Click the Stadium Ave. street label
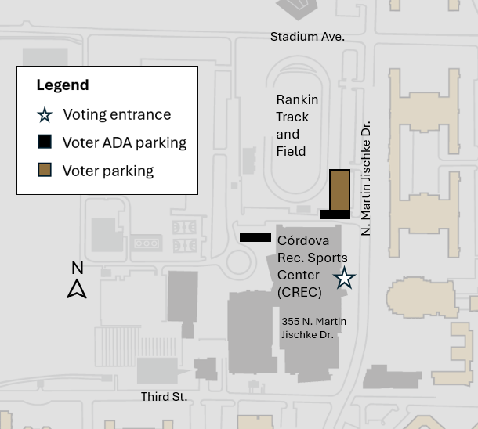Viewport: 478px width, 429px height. tap(307, 37)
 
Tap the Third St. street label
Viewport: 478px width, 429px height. tap(164, 397)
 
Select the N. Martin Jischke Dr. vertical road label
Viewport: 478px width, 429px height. tap(366, 178)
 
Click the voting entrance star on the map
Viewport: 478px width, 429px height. tap(344, 278)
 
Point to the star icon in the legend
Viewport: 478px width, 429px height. tap(45, 115)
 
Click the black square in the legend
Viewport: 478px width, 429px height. tap(45, 142)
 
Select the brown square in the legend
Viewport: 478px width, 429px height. tap(45, 171)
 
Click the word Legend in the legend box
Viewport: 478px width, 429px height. tap(63, 85)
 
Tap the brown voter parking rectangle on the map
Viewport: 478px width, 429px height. tap(339, 189)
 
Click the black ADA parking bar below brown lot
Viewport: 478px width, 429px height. tap(335, 214)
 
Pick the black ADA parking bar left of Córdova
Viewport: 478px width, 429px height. tap(255, 237)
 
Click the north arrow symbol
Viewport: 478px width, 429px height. tap(77, 289)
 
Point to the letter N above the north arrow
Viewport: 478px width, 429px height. tap(77, 269)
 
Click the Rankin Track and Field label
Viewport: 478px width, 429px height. tap(297, 125)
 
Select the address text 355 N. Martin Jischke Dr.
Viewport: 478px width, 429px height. tap(313, 328)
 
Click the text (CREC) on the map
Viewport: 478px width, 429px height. tap(299, 293)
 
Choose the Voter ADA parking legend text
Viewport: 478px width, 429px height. tap(125, 142)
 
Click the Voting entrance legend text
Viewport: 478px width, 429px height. tap(117, 115)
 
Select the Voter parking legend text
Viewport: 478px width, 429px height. tap(108, 171)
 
